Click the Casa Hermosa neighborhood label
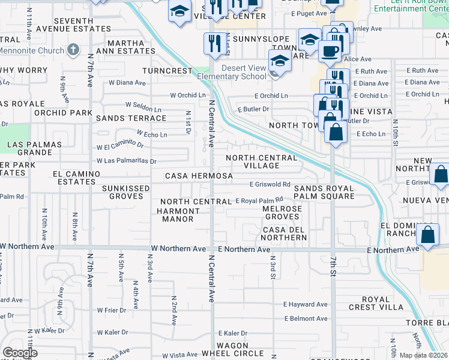[199, 176]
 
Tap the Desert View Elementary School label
[244, 72]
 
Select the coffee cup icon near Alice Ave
[328, 52]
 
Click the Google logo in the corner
[19, 353]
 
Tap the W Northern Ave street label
[178, 248]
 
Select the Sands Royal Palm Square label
[324, 192]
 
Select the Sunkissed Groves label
[125, 192]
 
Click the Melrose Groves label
[282, 212]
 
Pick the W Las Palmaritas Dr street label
[127, 161]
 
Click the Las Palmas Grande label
[34, 148]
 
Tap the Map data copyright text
[424, 355]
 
